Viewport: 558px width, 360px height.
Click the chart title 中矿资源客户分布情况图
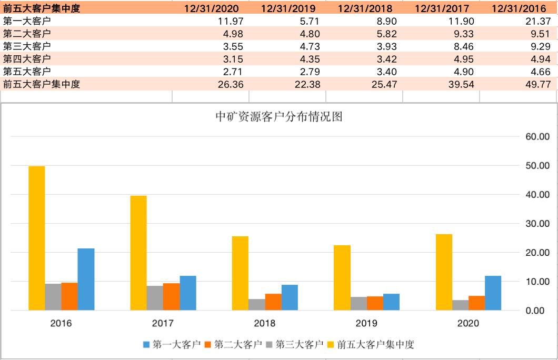click(x=279, y=117)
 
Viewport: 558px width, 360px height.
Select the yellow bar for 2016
click(x=36, y=238)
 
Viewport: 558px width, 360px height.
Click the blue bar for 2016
click(x=86, y=279)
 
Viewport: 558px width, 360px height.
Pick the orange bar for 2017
click(x=171, y=296)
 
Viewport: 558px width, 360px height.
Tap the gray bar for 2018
click(x=256, y=304)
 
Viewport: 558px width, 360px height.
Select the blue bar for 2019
click(x=391, y=302)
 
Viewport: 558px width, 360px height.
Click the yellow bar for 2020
click(x=444, y=272)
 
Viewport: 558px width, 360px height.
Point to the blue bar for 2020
click(x=493, y=293)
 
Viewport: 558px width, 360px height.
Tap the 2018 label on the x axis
click(x=265, y=323)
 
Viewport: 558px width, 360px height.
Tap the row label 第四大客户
click(x=27, y=59)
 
